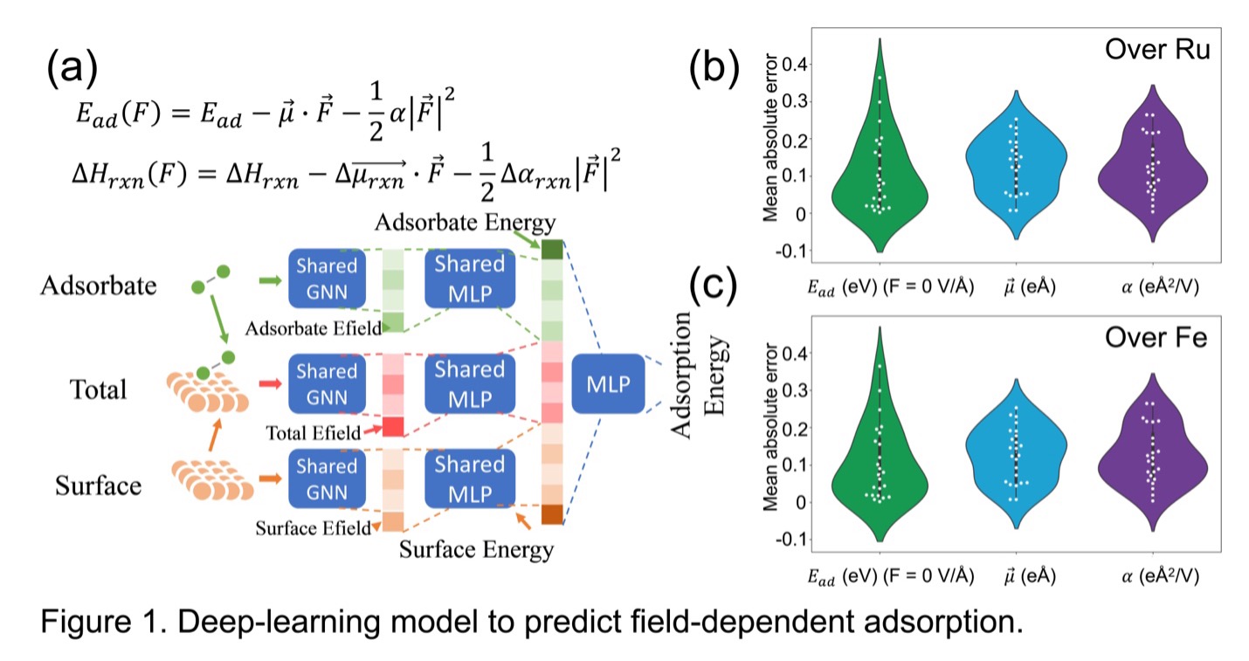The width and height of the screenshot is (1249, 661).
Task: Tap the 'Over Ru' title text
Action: [1156, 51]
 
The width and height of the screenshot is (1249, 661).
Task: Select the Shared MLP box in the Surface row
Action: [470, 479]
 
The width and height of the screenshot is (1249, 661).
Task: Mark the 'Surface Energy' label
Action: [476, 550]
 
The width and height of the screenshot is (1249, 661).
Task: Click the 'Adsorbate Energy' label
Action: [466, 223]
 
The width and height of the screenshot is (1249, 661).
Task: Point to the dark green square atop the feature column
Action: [551, 251]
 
